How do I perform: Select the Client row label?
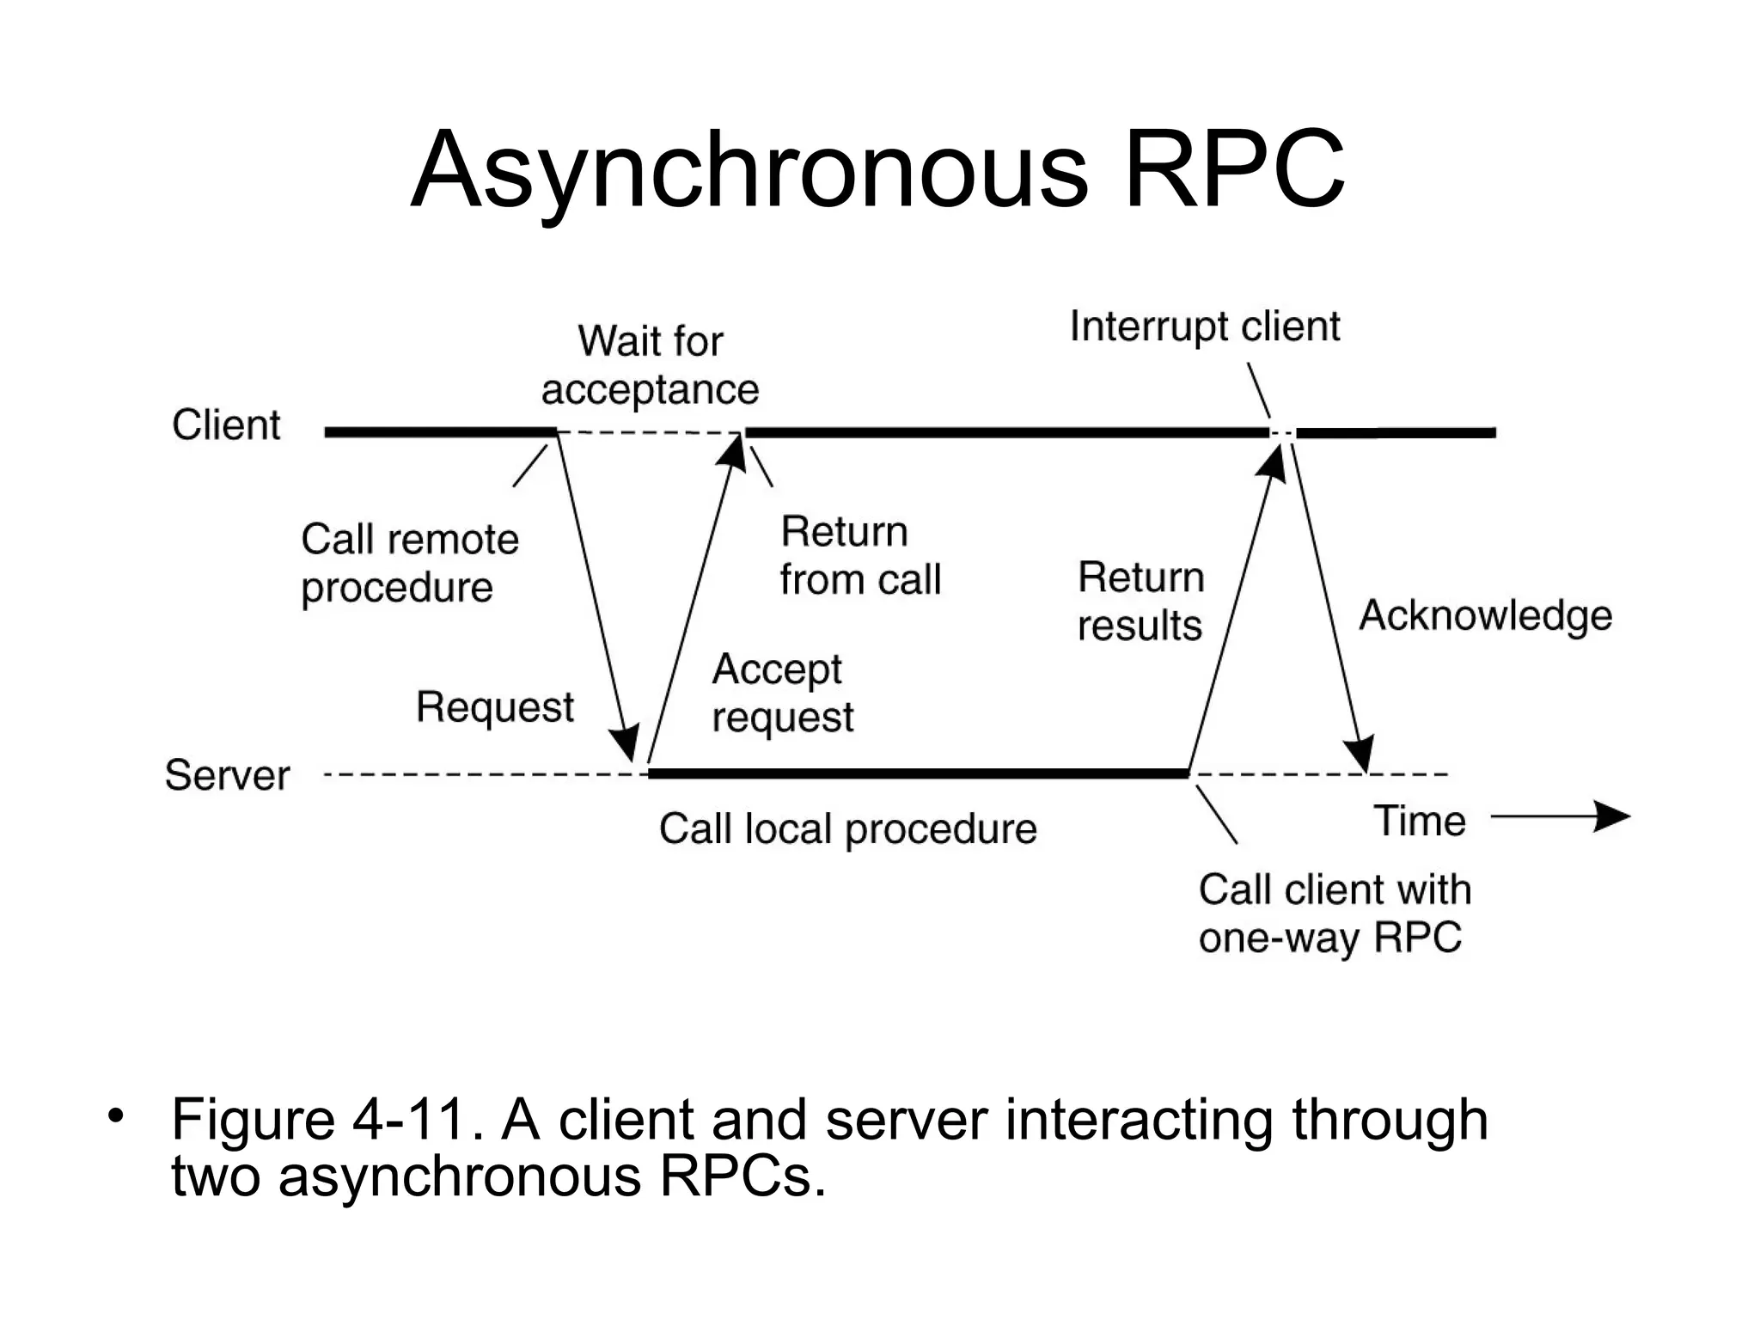click(x=226, y=425)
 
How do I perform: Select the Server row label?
click(x=227, y=775)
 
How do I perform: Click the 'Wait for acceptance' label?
click(x=651, y=365)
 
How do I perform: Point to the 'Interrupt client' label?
click(x=1204, y=327)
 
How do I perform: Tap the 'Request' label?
click(x=494, y=707)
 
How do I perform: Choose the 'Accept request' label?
click(x=782, y=694)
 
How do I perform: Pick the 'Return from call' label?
click(x=859, y=556)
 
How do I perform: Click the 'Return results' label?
click(x=1140, y=602)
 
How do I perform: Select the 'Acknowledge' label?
click(x=1485, y=616)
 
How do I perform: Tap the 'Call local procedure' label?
click(x=847, y=829)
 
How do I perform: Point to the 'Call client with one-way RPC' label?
click(x=1334, y=914)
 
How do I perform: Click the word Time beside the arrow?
click(x=1419, y=821)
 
